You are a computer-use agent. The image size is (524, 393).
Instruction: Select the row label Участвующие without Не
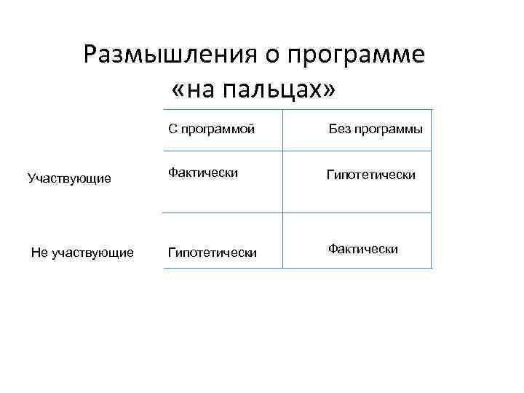tap(68, 178)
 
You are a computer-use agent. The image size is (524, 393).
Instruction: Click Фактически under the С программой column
tap(203, 172)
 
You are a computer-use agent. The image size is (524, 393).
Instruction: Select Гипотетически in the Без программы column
tap(370, 175)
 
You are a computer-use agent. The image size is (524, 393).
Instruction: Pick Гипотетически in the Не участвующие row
tap(212, 253)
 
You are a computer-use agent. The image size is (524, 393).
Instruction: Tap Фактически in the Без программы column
tap(362, 249)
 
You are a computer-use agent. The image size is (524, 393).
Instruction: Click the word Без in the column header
tap(339, 129)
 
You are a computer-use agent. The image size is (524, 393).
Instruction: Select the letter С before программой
tap(172, 129)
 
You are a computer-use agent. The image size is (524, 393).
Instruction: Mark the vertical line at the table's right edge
tap(432, 189)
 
